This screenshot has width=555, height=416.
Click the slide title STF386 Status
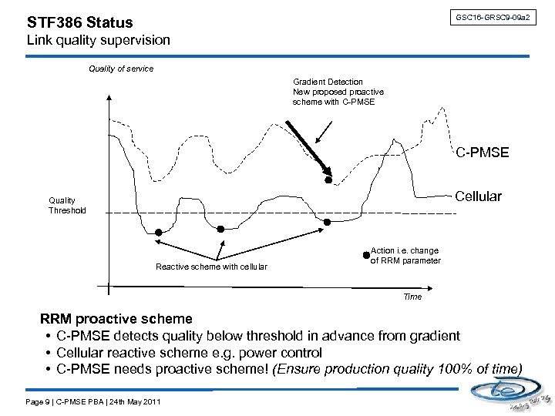(79, 23)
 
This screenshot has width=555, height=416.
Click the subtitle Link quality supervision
(98, 39)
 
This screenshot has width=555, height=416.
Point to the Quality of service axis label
(121, 69)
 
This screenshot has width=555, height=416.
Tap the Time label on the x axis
(412, 297)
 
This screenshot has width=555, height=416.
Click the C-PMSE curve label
(482, 153)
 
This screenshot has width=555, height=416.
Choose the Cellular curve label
(479, 197)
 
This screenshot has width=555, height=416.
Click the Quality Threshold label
(68, 206)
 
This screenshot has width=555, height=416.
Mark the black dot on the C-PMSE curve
(328, 181)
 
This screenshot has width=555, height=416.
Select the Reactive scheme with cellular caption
(211, 267)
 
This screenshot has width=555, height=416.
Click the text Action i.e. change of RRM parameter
(405, 256)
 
